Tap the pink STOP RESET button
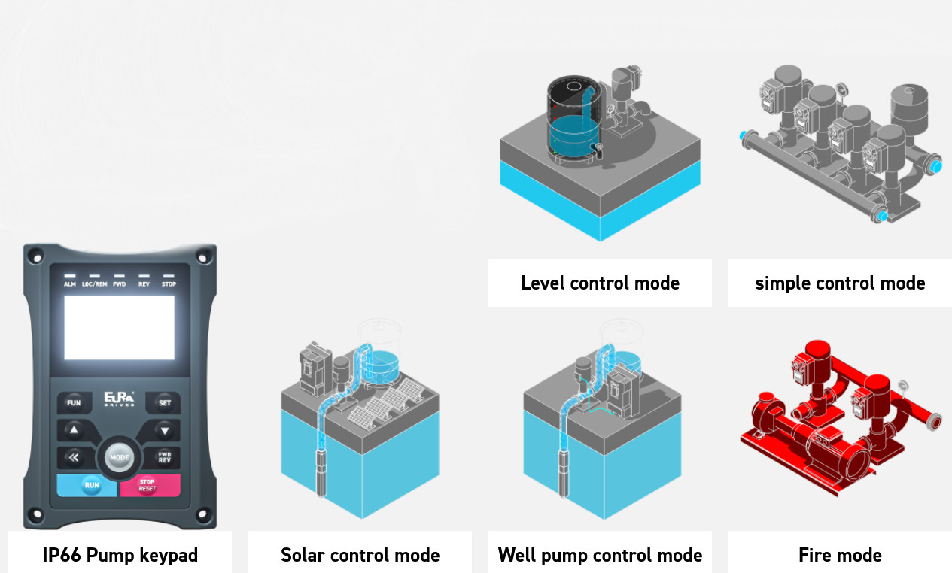click(x=149, y=485)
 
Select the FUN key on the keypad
click(x=74, y=403)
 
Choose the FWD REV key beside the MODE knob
click(x=164, y=457)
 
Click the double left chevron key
click(x=74, y=457)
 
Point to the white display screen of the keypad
click(x=119, y=328)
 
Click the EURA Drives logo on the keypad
click(x=120, y=399)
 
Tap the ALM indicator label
click(x=70, y=285)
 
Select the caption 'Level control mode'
click(x=600, y=283)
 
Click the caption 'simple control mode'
click(x=840, y=283)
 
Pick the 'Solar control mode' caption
click(x=360, y=556)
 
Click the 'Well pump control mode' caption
click(x=600, y=556)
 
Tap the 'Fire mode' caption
click(x=840, y=556)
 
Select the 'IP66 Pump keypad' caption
click(x=120, y=556)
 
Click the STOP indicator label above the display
click(x=169, y=285)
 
